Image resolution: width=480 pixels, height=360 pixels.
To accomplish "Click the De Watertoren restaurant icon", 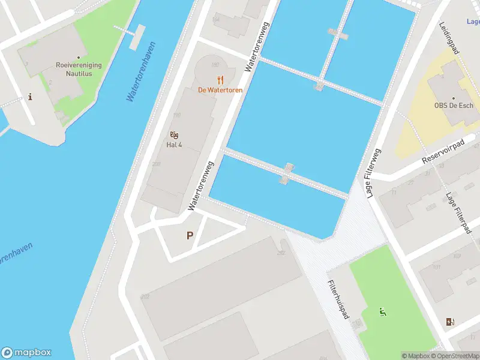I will tap(220, 80).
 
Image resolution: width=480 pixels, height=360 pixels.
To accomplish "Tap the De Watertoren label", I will tap(220, 91).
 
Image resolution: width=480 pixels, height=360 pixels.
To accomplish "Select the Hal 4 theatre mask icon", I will tap(174, 134).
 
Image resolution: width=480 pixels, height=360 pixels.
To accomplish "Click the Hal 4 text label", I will tap(174, 145).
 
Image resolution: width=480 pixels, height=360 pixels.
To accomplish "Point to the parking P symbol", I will tap(190, 236).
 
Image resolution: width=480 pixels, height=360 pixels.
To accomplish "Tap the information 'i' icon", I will tap(30, 97).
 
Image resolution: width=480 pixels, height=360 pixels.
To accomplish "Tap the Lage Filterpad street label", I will tap(457, 213).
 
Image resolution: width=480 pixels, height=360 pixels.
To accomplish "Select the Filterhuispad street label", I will tap(338, 299).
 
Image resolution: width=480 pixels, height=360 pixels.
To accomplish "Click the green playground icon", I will tap(382, 311).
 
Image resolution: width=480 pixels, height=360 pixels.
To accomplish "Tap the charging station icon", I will tap(450, 322).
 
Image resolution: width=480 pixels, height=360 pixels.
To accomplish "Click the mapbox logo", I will tap(26, 353).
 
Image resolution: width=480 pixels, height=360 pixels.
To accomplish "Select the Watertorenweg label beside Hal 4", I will tap(200, 185).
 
